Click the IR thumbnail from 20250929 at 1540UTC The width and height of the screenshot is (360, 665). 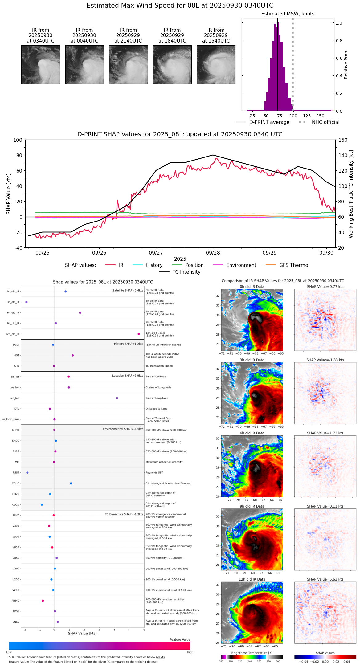point(216,64)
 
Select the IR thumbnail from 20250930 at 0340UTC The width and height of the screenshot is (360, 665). point(40,64)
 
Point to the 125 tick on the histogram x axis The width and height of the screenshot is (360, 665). point(307,116)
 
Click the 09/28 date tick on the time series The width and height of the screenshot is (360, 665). point(213,253)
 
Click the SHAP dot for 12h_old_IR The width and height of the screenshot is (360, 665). point(139,334)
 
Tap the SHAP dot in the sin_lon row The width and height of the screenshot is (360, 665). point(117,398)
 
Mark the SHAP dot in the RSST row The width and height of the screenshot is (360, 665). point(27,473)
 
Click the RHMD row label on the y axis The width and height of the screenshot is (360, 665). point(15,601)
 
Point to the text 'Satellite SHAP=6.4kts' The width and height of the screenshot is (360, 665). point(128,290)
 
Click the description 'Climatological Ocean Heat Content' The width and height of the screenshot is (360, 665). point(168,483)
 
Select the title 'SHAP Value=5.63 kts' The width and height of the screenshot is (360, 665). point(325,579)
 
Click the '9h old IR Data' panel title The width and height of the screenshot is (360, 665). point(252,506)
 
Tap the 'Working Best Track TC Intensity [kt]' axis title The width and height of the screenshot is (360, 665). point(351,194)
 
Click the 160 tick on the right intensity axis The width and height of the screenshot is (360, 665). point(343,140)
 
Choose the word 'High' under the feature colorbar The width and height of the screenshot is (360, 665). point(190,652)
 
